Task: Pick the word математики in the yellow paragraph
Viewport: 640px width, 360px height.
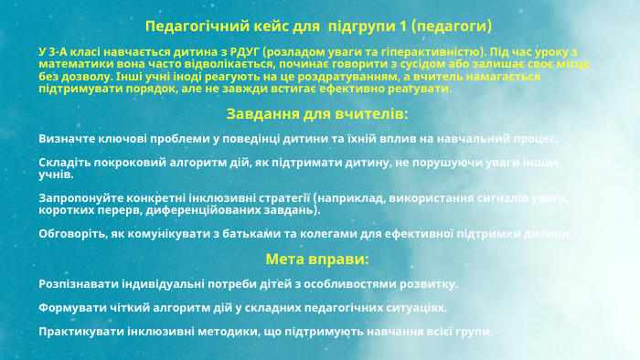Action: (x=76, y=65)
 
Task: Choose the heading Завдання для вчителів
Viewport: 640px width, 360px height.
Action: (x=317, y=114)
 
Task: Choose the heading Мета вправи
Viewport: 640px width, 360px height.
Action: (x=317, y=259)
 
